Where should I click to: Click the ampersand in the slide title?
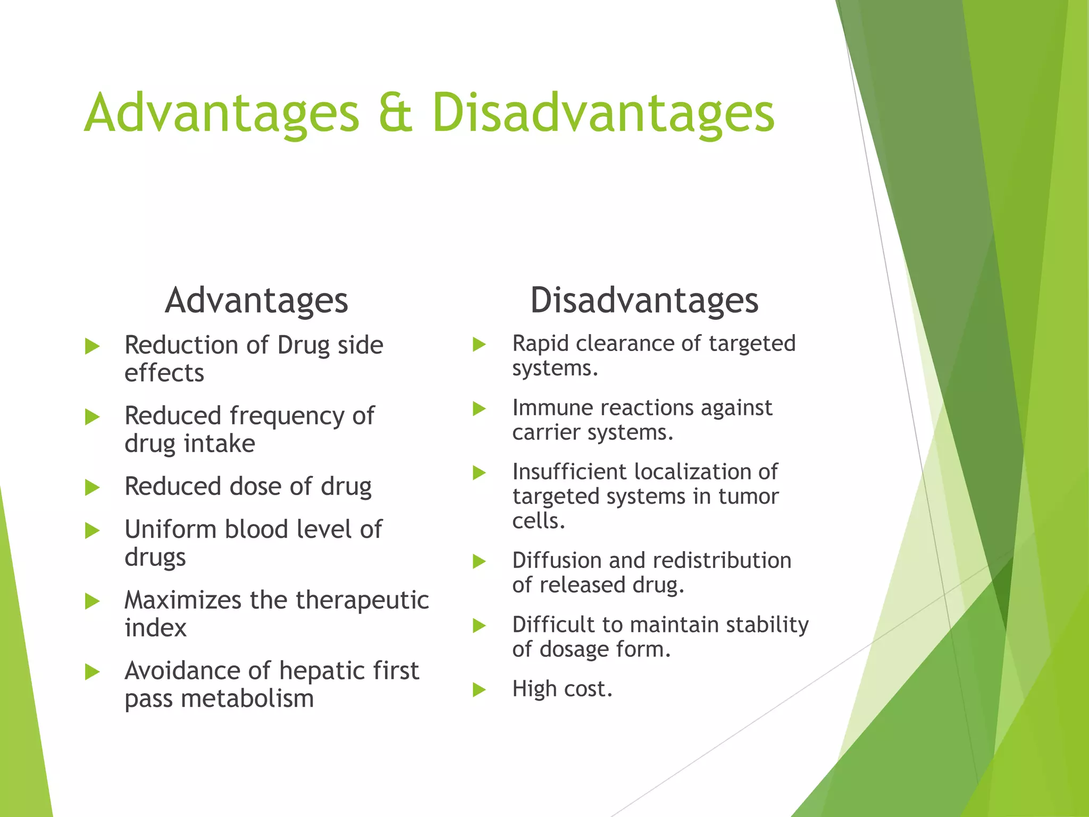(396, 113)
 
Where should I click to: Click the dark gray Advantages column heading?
(256, 301)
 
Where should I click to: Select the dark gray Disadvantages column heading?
(644, 301)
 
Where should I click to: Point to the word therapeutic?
(362, 600)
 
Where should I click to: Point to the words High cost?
(562, 689)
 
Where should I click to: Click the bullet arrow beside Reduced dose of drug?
(93, 487)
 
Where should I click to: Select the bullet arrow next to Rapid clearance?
(479, 345)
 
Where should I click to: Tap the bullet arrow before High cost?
(479, 690)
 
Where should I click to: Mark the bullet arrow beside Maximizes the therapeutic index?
(93, 602)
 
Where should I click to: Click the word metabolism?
(247, 699)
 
